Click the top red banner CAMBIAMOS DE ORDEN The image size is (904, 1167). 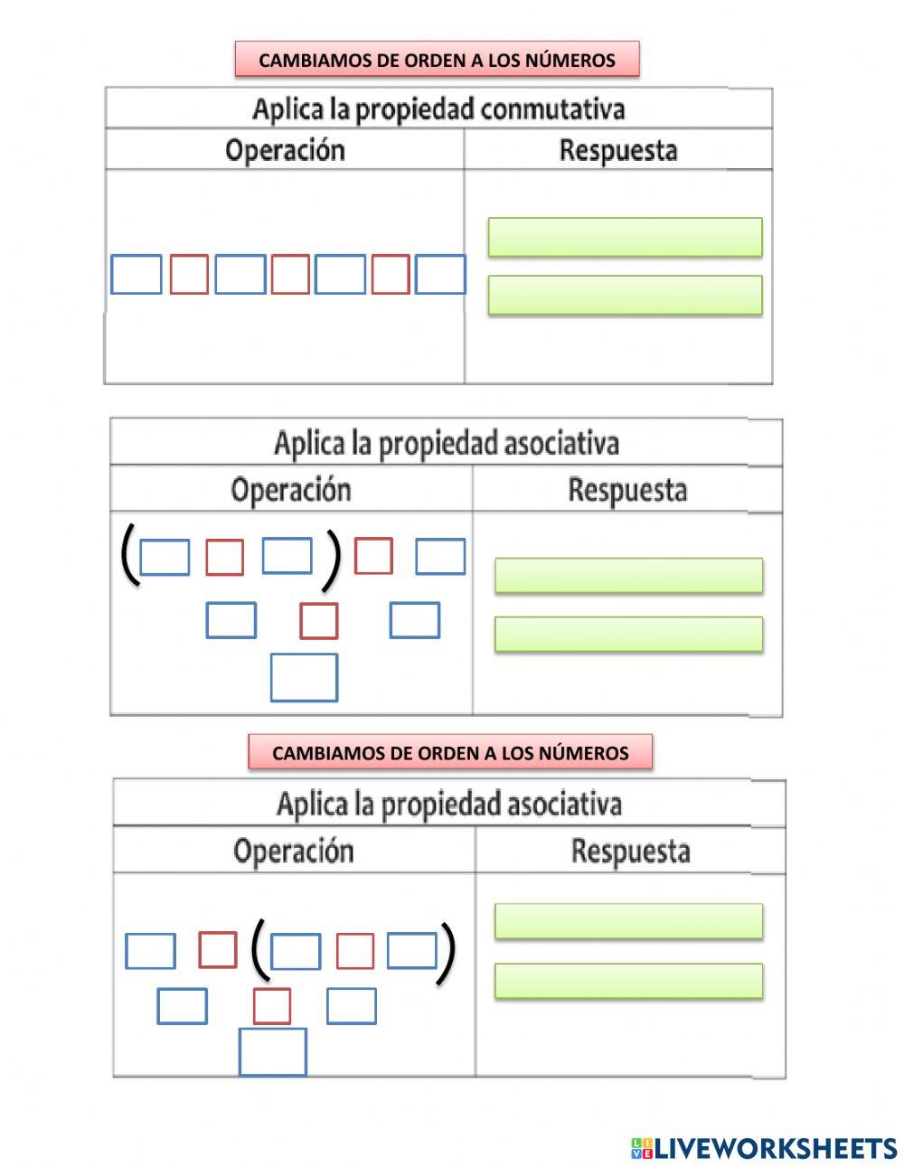(x=437, y=60)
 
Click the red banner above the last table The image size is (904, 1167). (x=450, y=752)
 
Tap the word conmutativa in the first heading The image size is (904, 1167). (x=553, y=109)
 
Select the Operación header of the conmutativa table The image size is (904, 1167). (x=285, y=150)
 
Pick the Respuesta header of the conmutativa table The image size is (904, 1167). (x=617, y=150)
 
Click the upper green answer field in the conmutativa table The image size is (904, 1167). (x=625, y=237)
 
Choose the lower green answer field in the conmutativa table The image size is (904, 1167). (x=625, y=295)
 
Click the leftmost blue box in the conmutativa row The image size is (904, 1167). (x=137, y=275)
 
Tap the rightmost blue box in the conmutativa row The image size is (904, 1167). (x=440, y=275)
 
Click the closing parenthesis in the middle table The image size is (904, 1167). (x=333, y=560)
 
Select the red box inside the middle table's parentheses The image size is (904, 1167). (x=224, y=557)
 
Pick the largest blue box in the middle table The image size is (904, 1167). (x=304, y=677)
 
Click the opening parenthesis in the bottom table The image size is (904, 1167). (x=259, y=951)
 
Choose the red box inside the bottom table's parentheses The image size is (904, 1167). (x=354, y=951)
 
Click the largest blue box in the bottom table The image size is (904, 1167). (x=272, y=1051)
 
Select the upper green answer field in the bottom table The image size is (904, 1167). (x=628, y=921)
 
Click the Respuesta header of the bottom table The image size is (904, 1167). (x=630, y=851)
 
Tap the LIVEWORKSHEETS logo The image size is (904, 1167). (x=764, y=1148)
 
